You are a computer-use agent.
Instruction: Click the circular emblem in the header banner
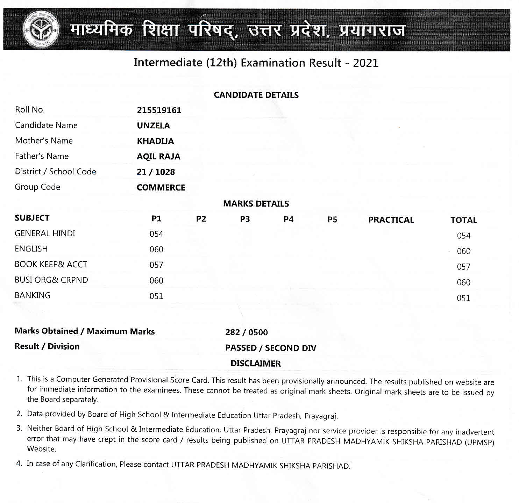(40, 29)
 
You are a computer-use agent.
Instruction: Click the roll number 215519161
(159, 110)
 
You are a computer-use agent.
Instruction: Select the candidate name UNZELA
(153, 126)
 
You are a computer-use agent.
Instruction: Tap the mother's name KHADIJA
(155, 141)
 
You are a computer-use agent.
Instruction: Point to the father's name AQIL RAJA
(158, 157)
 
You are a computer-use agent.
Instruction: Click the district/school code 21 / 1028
(156, 172)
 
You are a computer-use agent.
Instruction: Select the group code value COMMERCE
(161, 188)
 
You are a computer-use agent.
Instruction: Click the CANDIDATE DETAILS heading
(256, 95)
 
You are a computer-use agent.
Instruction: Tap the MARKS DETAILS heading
(256, 204)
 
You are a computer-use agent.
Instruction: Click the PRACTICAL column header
(391, 220)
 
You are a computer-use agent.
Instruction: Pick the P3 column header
(245, 219)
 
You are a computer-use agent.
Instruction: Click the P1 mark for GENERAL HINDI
(156, 234)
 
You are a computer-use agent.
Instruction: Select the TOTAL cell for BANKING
(463, 298)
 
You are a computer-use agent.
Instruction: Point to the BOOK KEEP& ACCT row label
(51, 265)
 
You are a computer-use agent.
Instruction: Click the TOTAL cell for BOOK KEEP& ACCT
(463, 267)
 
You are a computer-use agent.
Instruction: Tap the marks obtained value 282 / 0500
(247, 332)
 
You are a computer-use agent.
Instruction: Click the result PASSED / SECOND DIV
(271, 348)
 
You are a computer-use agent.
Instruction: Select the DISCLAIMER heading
(256, 364)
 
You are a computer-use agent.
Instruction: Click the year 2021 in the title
(365, 63)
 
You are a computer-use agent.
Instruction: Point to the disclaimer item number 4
(19, 464)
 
